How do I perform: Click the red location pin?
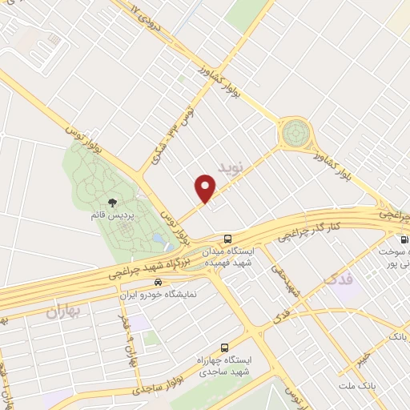pyautogui.click(x=206, y=188)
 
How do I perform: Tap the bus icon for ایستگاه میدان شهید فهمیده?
pyautogui.click(x=228, y=239)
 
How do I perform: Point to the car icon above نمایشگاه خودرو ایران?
pyautogui.click(x=158, y=283)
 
